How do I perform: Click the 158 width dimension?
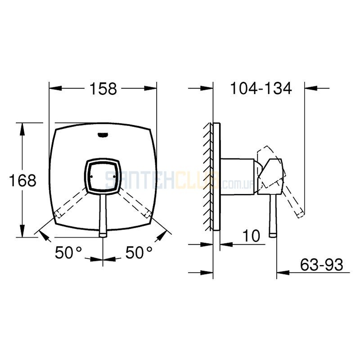click(x=103, y=89)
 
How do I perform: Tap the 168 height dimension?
click(x=22, y=180)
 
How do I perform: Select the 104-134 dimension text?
click(x=261, y=88)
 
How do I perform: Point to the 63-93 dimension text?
click(x=321, y=265)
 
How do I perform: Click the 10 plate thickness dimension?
click(x=252, y=235)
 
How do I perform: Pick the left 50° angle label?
click(x=68, y=252)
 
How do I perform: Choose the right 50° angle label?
click(x=139, y=252)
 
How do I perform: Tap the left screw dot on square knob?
click(x=91, y=176)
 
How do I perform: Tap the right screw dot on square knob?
click(x=114, y=176)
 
